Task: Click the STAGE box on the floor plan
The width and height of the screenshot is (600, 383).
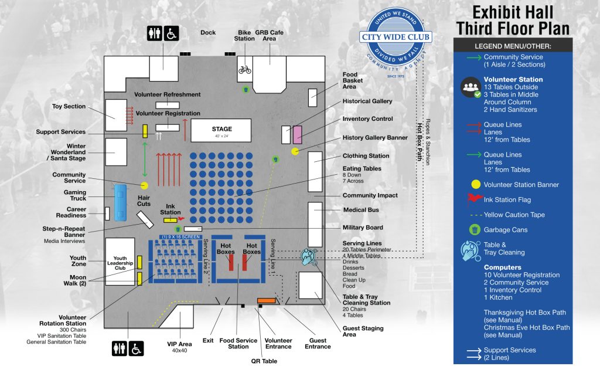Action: click(221, 131)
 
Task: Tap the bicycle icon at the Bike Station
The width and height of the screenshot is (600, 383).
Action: click(244, 69)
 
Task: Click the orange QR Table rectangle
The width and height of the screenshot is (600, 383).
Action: click(266, 301)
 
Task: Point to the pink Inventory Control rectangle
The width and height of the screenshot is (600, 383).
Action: click(297, 134)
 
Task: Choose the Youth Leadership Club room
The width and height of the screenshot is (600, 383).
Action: click(120, 262)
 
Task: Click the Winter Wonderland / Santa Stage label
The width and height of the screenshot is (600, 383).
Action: click(68, 152)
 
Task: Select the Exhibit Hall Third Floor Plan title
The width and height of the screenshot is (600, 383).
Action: click(513, 21)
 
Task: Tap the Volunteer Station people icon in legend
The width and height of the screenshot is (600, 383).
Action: click(471, 87)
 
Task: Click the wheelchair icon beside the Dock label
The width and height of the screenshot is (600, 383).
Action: click(171, 33)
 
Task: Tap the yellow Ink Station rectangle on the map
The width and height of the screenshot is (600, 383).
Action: click(169, 220)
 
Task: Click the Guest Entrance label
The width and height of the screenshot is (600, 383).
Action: click(318, 344)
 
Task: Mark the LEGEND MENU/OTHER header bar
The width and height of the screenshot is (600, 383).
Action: click(513, 46)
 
